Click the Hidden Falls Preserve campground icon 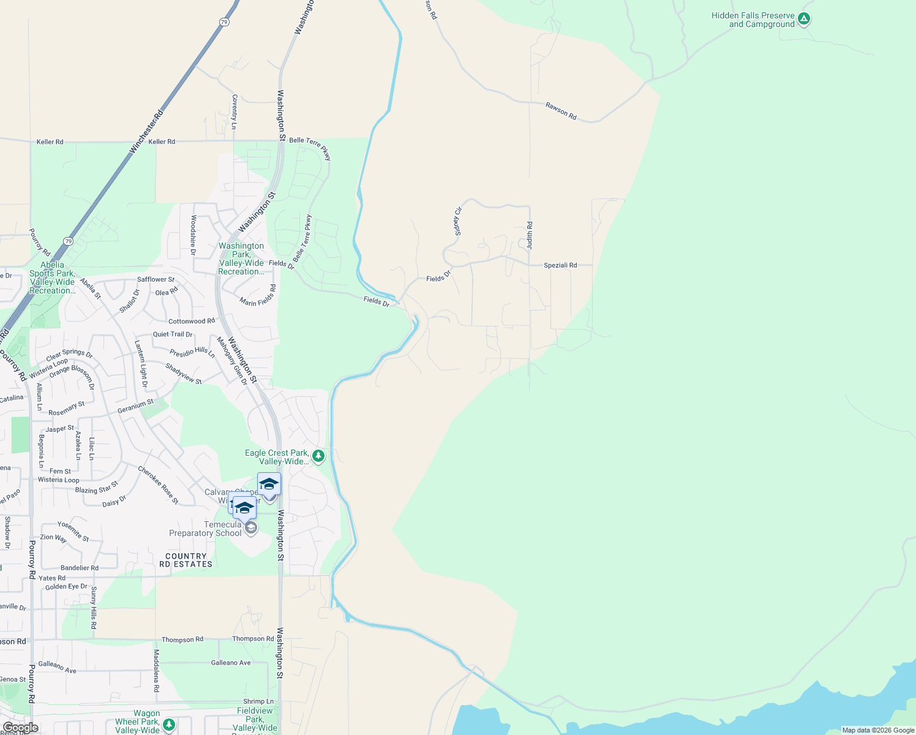coord(804,19)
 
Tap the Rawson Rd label coord(561,111)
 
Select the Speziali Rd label coord(560,265)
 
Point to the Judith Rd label coord(530,235)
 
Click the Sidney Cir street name coord(457,221)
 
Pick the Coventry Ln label coord(235,111)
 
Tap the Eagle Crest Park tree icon coord(318,456)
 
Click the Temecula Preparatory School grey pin coord(250,528)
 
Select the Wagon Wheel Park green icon coord(169,725)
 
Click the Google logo coord(20,727)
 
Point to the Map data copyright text coord(878,730)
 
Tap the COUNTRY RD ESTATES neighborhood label coord(186,560)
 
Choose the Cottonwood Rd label coord(192,321)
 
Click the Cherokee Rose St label coord(158,485)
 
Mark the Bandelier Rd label coord(80,568)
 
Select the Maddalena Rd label coord(156,671)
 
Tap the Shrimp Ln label coord(258,701)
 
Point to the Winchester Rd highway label coord(147,131)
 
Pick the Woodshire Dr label coord(193,235)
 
